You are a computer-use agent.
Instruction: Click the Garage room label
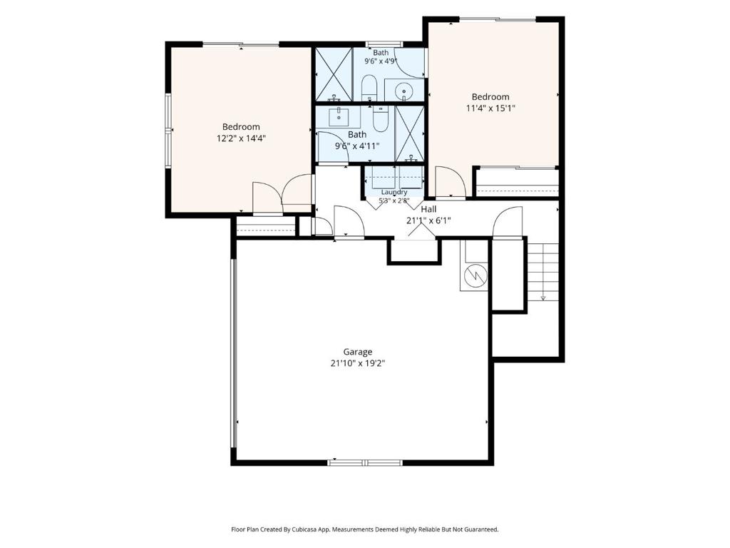pyautogui.click(x=358, y=352)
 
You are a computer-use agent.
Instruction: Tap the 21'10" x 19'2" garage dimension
pyautogui.click(x=358, y=363)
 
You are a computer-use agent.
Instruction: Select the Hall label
pyautogui.click(x=428, y=209)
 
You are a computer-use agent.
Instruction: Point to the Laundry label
pyautogui.click(x=394, y=192)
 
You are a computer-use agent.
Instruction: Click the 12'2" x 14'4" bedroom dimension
pyautogui.click(x=241, y=138)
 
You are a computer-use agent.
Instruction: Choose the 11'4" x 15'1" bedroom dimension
pyautogui.click(x=490, y=108)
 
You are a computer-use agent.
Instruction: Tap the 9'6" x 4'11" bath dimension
pyautogui.click(x=358, y=146)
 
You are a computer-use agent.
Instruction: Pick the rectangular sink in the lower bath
pyautogui.click(x=339, y=116)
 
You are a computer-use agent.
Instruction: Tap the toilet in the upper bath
pyautogui.click(x=369, y=87)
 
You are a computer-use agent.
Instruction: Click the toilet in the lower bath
pyautogui.click(x=381, y=119)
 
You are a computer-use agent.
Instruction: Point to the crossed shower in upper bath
pyautogui.click(x=334, y=74)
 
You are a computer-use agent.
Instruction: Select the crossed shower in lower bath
pyautogui.click(x=410, y=133)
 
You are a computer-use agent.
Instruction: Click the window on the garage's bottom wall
pyautogui.click(x=365, y=462)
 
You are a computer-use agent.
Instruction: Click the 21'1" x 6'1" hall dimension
pyautogui.click(x=428, y=220)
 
